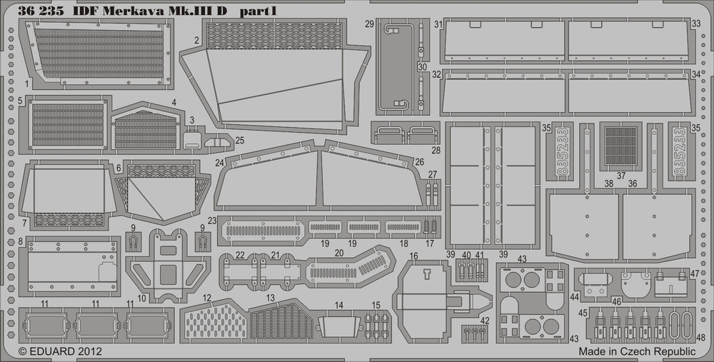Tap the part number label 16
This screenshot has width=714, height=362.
pyautogui.click(x=413, y=256)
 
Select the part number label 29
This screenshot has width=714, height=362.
pyautogui.click(x=369, y=24)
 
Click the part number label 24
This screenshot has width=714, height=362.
pyautogui.click(x=221, y=164)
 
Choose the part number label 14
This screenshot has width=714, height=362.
pyautogui.click(x=339, y=305)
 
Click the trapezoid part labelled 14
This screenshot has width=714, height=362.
pyautogui.click(x=338, y=326)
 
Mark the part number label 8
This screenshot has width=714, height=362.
pyautogui.click(x=21, y=242)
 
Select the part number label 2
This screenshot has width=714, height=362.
pyautogui.click(x=196, y=40)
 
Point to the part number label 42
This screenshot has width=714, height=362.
pyautogui.click(x=485, y=320)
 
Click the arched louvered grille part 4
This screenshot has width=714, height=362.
pyautogui.click(x=146, y=129)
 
